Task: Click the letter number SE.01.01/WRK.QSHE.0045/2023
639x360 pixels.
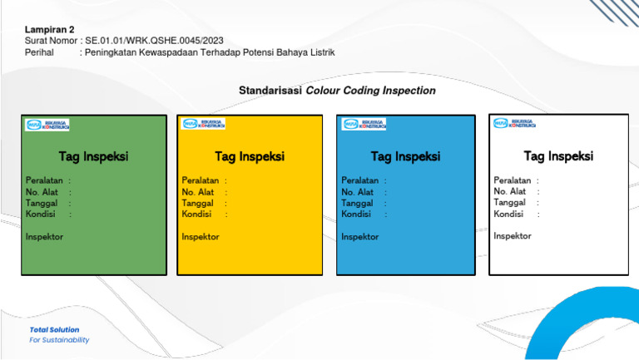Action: [x=154, y=41]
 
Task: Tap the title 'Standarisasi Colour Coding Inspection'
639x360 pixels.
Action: [x=337, y=91]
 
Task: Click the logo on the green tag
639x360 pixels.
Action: [x=47, y=125]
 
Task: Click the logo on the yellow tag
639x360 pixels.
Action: [x=203, y=124]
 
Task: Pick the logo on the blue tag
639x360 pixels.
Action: [x=364, y=124]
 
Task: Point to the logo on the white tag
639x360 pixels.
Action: [x=515, y=124]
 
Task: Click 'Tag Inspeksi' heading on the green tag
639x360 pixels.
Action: [x=93, y=156]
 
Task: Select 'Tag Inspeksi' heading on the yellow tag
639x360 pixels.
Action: [x=250, y=156]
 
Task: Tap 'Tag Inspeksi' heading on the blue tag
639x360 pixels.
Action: [x=405, y=156]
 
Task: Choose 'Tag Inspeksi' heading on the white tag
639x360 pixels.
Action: [x=558, y=156]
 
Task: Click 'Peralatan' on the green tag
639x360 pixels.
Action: [x=43, y=180]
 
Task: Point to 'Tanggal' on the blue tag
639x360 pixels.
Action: [x=357, y=203]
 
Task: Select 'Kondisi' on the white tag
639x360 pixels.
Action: [x=508, y=214]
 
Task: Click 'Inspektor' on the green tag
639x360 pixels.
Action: [x=44, y=237]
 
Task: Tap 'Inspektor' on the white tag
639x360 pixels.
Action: [x=513, y=236]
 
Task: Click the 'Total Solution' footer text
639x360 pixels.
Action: [x=55, y=330]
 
